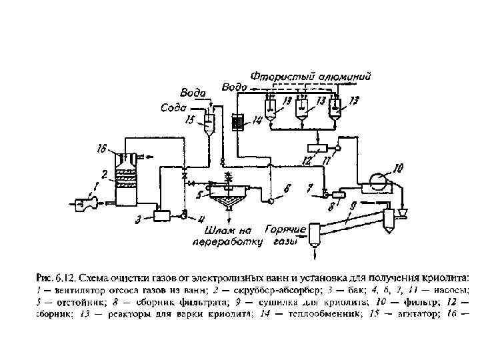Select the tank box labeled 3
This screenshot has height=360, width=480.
[161, 215]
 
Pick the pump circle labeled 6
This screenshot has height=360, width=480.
[271, 199]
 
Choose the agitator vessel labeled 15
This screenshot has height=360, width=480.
[209, 123]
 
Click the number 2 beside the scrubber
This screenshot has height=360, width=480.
[105, 173]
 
